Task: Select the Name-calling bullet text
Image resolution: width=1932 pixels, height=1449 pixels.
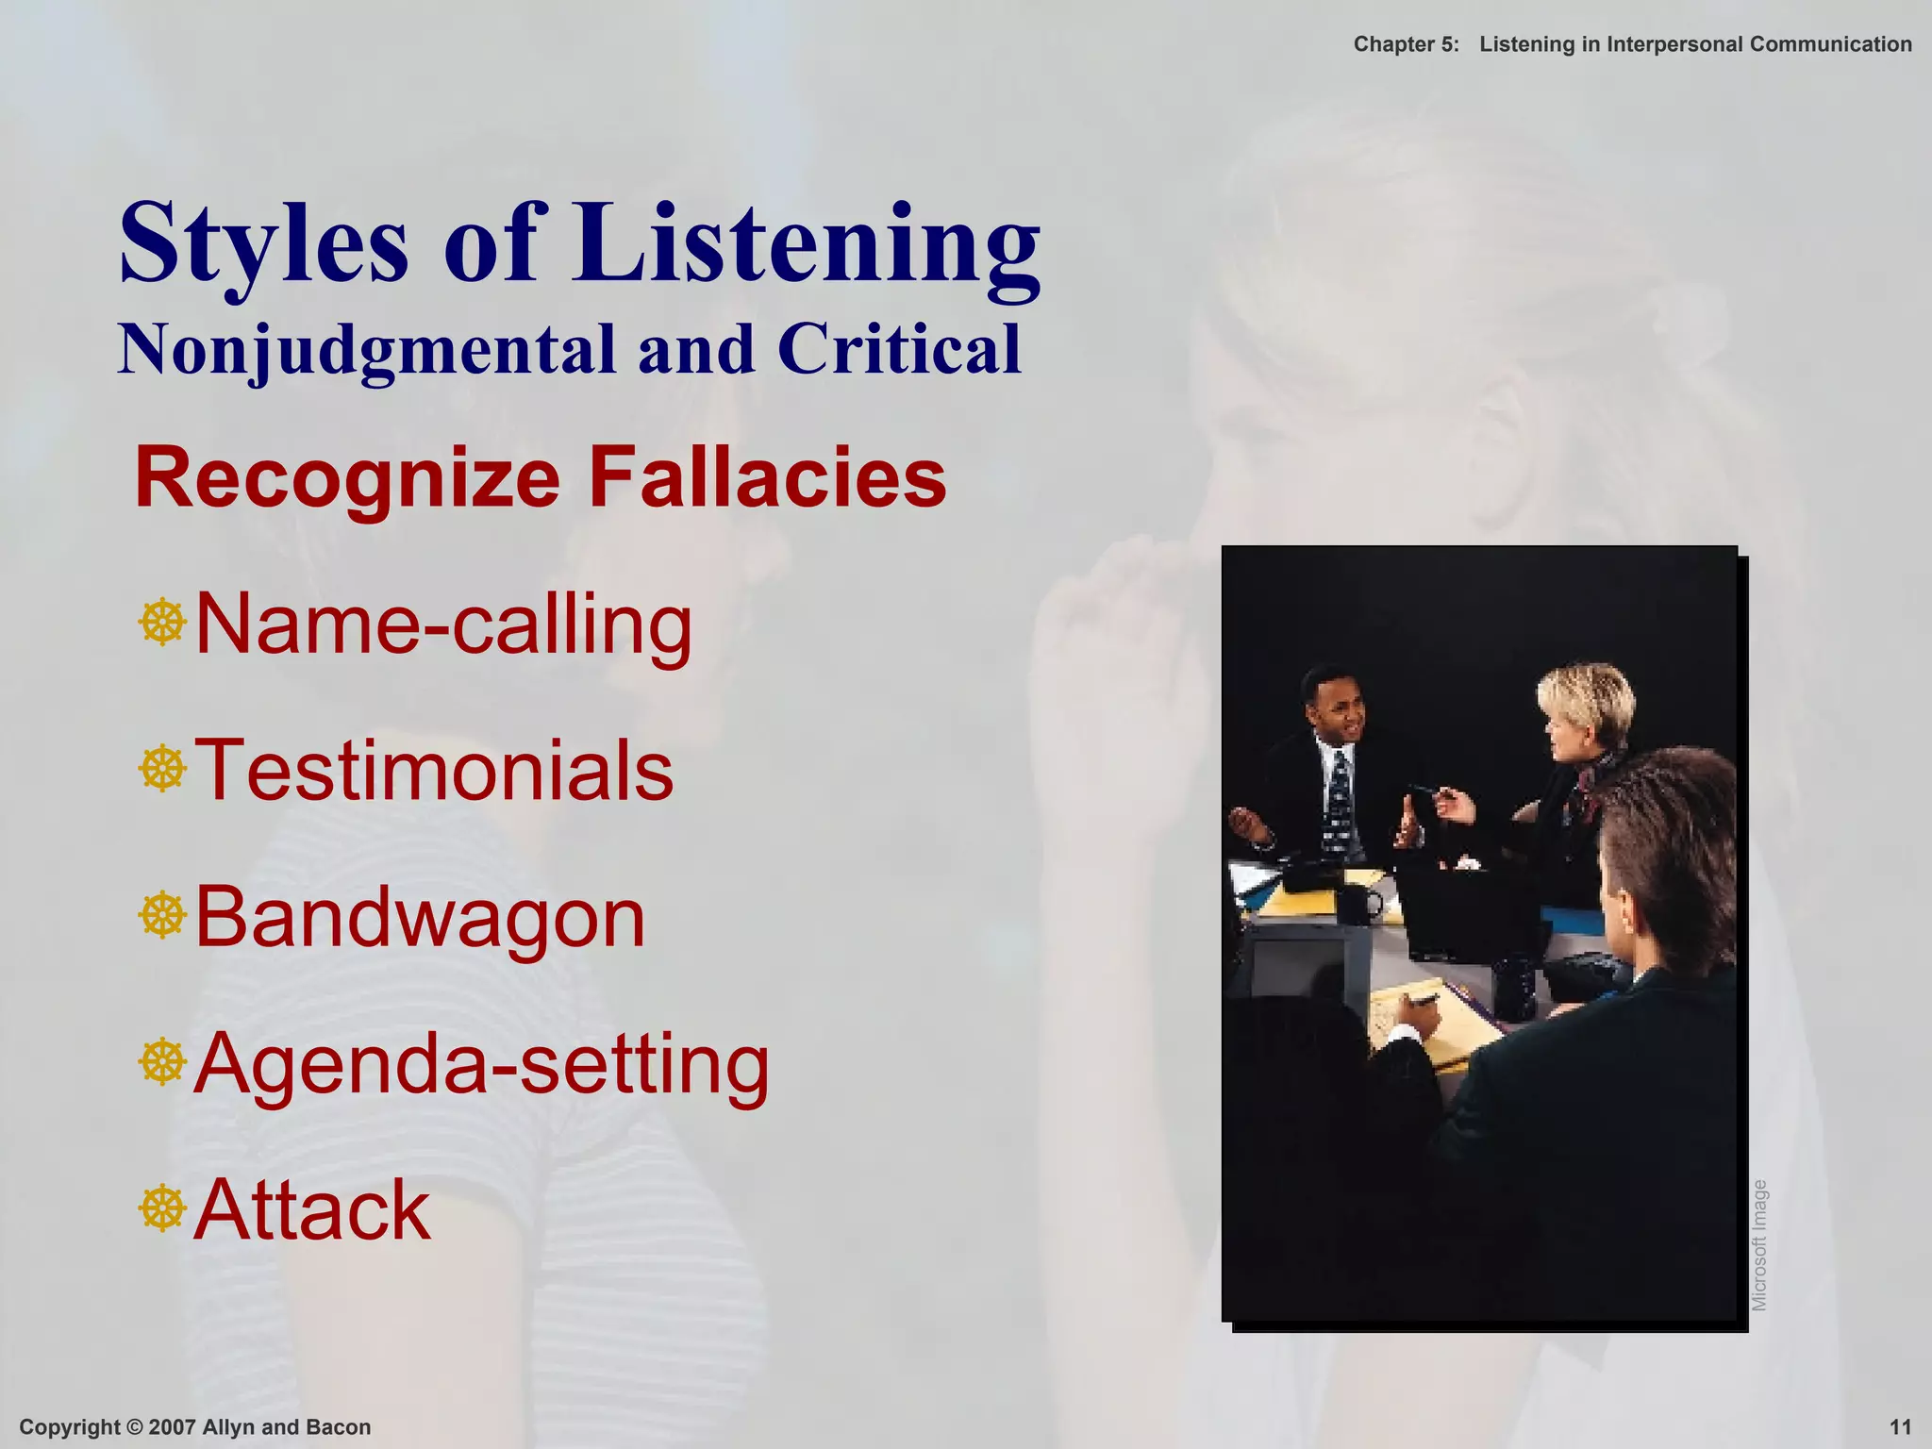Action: (443, 625)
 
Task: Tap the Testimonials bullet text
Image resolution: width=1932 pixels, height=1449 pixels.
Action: (434, 771)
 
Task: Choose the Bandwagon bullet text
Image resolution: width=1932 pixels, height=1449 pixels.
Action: (420, 917)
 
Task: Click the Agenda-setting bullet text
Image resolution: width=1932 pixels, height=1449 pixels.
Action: (481, 1064)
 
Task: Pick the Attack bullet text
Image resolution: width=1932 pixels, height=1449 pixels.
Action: (312, 1210)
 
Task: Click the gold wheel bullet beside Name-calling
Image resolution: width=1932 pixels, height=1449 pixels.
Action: (162, 623)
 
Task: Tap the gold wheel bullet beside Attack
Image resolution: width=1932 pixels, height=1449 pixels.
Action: (162, 1209)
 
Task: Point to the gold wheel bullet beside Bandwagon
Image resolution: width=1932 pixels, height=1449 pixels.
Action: (162, 916)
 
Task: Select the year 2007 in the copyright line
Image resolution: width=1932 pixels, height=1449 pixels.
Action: (171, 1427)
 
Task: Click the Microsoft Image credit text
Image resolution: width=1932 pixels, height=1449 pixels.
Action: (1759, 1245)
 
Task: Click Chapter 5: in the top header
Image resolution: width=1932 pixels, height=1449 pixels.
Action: (1406, 44)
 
